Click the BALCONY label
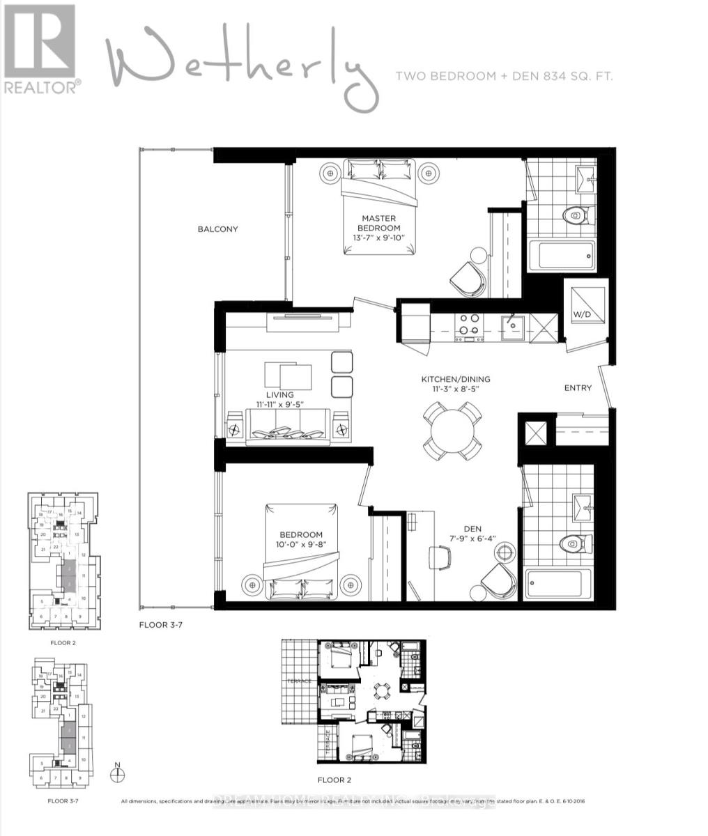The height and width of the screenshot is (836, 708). click(x=217, y=229)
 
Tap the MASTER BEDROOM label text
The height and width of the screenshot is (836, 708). click(x=378, y=223)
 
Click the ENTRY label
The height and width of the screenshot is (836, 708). click(x=578, y=388)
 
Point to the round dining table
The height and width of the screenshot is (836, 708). click(x=451, y=431)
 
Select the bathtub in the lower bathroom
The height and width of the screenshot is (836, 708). click(x=560, y=584)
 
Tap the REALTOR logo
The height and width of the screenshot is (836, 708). click(x=40, y=49)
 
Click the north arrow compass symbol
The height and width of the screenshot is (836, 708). click(x=118, y=771)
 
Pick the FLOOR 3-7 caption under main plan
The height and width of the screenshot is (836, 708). click(x=160, y=626)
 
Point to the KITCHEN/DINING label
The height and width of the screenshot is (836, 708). click(x=455, y=379)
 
